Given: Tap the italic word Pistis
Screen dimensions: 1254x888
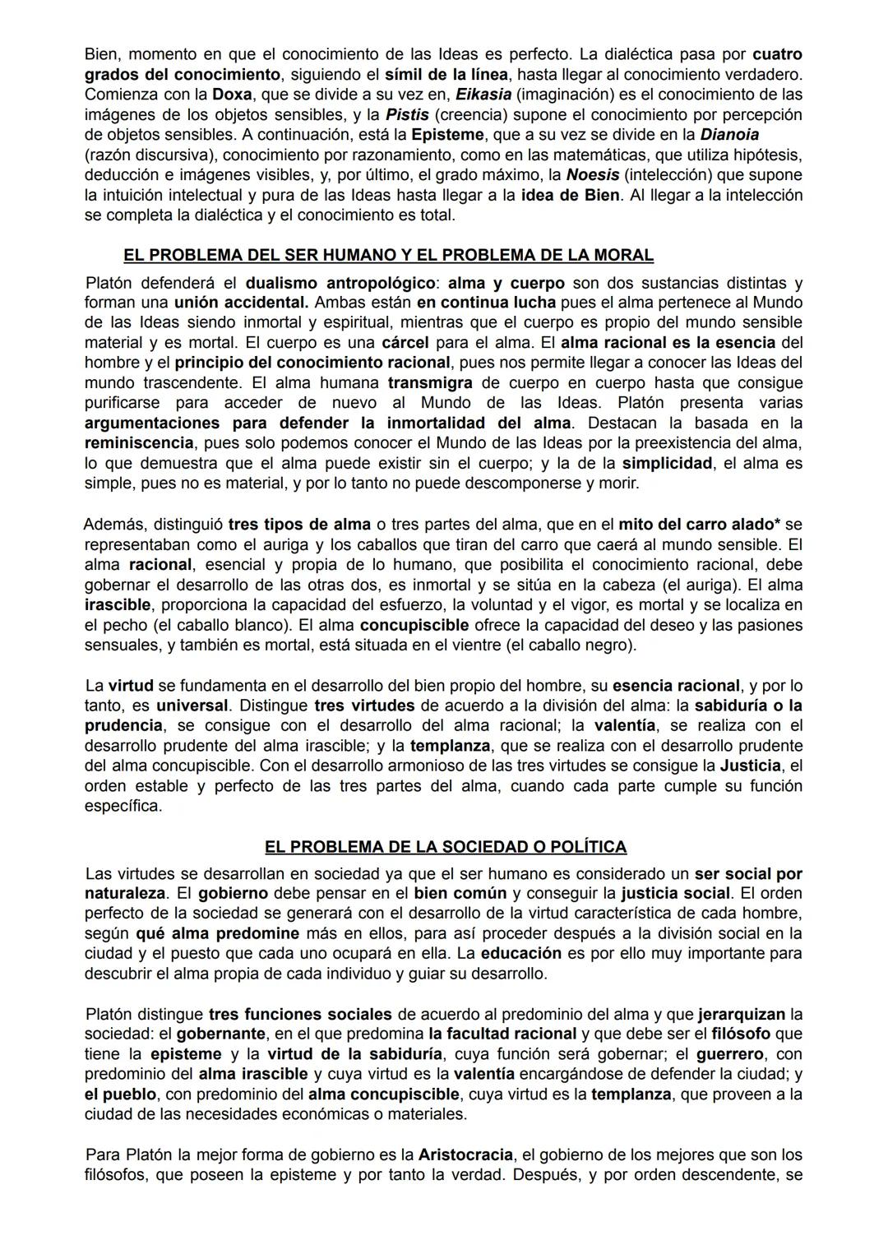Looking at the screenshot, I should coord(408,114).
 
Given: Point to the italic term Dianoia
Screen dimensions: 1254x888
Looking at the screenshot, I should coord(729,134).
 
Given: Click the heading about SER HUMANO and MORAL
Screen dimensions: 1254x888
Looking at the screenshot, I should coord(388,255).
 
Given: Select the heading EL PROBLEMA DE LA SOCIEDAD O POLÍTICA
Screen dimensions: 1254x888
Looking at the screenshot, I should coord(445,847).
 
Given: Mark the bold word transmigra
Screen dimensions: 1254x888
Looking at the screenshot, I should coord(430,382).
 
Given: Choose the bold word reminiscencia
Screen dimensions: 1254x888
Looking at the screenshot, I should coord(139,443).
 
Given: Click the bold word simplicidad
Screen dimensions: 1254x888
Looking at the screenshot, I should coord(667,463).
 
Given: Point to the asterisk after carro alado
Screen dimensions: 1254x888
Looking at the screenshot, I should coord(777,524).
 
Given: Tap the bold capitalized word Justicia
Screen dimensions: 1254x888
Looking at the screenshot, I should coord(750,766).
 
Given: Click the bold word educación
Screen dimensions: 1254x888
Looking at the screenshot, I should coord(520,954).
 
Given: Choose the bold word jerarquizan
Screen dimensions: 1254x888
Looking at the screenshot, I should coord(742,1014).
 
